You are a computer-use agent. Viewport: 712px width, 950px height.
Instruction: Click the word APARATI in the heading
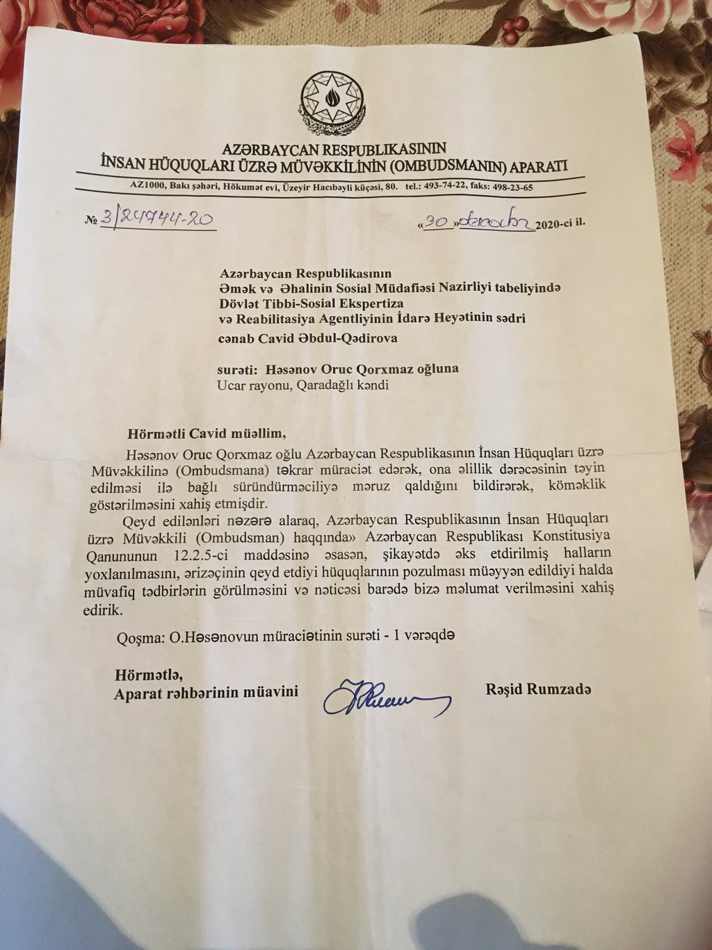[539, 166]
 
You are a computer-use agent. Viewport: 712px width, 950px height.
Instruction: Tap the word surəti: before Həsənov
[241, 369]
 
